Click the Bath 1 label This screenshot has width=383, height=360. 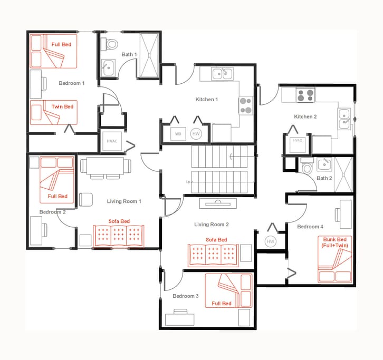(129, 54)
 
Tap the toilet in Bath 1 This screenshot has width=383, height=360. (111, 44)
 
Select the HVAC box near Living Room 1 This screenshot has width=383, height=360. (112, 141)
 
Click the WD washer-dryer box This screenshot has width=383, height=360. (178, 134)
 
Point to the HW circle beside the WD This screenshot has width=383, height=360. (196, 134)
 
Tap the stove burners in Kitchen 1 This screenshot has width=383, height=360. (246, 105)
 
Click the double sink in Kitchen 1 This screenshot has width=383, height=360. (223, 73)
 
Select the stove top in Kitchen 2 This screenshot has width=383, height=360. (305, 95)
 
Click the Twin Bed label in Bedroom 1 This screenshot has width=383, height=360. (62, 107)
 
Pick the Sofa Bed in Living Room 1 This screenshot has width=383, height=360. (119, 236)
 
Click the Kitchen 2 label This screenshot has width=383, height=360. (305, 116)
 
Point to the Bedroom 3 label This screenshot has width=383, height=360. (186, 296)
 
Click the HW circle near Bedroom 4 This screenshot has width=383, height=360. (271, 241)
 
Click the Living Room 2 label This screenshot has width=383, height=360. (212, 225)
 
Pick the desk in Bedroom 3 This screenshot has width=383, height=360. (180, 319)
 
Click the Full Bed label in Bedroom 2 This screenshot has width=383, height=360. (58, 196)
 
